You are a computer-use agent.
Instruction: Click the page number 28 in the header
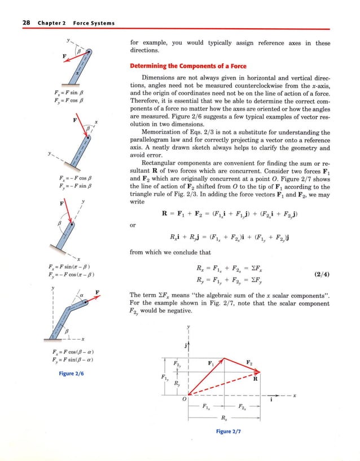pos(26,23)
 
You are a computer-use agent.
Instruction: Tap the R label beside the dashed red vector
pos(255,380)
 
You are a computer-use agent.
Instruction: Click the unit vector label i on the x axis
pos(272,401)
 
